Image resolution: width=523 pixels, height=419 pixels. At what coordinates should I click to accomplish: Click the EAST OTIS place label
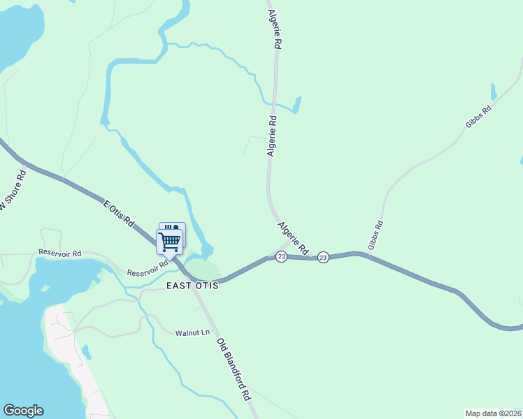point(192,286)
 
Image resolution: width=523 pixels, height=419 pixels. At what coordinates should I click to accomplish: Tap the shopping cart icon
point(170,242)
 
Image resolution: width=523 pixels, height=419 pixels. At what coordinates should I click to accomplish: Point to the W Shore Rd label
point(12,190)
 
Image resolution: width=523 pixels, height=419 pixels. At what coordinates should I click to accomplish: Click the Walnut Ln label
point(192,332)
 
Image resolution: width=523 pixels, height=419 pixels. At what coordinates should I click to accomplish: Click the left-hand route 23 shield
point(281,257)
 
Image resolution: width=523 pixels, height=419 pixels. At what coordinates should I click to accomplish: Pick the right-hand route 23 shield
point(323,258)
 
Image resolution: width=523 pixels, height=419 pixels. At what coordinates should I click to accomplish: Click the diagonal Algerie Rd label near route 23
point(293,238)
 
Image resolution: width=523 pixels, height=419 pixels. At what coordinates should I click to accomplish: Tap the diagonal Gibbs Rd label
point(478,117)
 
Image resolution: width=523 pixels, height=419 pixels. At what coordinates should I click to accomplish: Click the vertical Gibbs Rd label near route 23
point(376,235)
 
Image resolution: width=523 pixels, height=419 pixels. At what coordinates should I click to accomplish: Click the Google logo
point(23,411)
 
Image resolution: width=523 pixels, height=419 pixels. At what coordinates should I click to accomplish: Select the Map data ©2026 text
point(494,413)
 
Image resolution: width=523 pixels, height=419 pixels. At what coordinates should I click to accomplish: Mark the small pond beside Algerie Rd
point(296,105)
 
